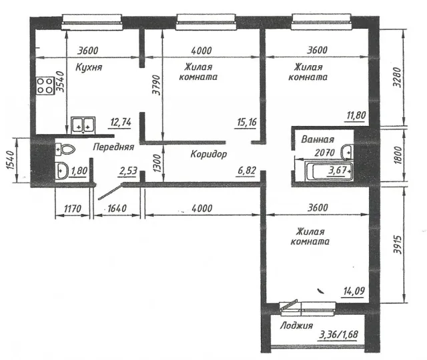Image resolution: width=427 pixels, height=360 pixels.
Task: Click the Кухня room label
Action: click(x=89, y=67)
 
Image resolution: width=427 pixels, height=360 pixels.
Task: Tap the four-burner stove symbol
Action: click(x=45, y=86)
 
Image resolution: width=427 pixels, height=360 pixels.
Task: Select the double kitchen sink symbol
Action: click(x=83, y=125)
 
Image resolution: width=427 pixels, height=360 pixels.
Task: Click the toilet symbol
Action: click(x=65, y=149)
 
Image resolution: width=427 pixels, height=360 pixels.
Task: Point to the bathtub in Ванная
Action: click(x=329, y=171)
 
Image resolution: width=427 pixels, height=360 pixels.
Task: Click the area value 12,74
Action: click(x=121, y=122)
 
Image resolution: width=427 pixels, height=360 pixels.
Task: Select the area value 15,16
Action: click(x=247, y=122)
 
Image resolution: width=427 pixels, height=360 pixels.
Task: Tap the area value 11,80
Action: click(x=356, y=115)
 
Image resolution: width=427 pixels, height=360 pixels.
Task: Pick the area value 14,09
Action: click(x=354, y=291)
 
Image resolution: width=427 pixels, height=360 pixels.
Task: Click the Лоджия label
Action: click(x=296, y=325)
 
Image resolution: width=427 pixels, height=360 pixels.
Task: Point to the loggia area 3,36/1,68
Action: click(x=338, y=334)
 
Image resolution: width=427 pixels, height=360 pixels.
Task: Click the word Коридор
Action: click(x=209, y=154)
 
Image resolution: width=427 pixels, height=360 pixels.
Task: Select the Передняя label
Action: click(x=113, y=147)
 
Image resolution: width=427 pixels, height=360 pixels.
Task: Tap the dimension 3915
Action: click(x=398, y=245)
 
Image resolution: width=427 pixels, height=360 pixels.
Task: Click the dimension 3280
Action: click(x=397, y=77)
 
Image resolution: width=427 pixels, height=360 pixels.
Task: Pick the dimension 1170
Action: click(x=73, y=209)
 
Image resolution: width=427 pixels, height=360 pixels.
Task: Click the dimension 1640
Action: click(x=117, y=209)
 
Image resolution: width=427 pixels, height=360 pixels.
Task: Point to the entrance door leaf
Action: click(x=109, y=192)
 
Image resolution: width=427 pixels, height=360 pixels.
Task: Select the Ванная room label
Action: click(x=318, y=139)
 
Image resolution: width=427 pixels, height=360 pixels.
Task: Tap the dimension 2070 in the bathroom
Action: click(x=325, y=153)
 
